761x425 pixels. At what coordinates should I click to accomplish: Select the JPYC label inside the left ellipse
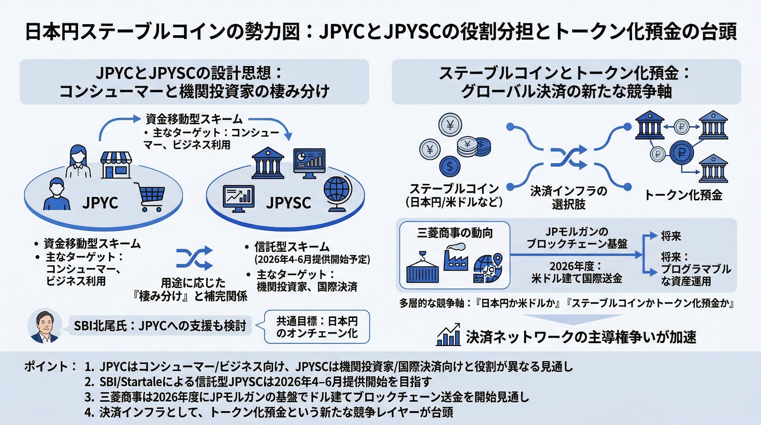pos(100,203)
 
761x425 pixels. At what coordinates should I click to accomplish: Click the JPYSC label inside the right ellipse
pos(288,203)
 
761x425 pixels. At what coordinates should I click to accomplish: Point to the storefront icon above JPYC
pos(116,165)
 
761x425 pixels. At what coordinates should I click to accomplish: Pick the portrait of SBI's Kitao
pos(44,326)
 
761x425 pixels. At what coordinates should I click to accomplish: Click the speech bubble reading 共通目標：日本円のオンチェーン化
pos(317,327)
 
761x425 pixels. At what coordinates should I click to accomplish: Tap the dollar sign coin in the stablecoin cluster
pos(449,167)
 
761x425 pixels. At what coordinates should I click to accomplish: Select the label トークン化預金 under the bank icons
pos(683,195)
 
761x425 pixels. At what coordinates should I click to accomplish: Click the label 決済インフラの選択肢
pos(568,198)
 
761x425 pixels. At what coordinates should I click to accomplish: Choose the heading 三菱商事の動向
pos(455,233)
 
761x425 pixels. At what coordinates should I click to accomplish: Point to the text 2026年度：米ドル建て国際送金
pos(576,272)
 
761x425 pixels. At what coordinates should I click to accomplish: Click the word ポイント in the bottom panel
pos(47,366)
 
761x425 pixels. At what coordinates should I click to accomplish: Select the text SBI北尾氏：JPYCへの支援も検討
pos(160,326)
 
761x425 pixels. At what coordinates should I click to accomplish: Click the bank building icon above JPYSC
pos(268,163)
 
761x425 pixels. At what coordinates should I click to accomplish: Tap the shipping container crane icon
pos(422,267)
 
